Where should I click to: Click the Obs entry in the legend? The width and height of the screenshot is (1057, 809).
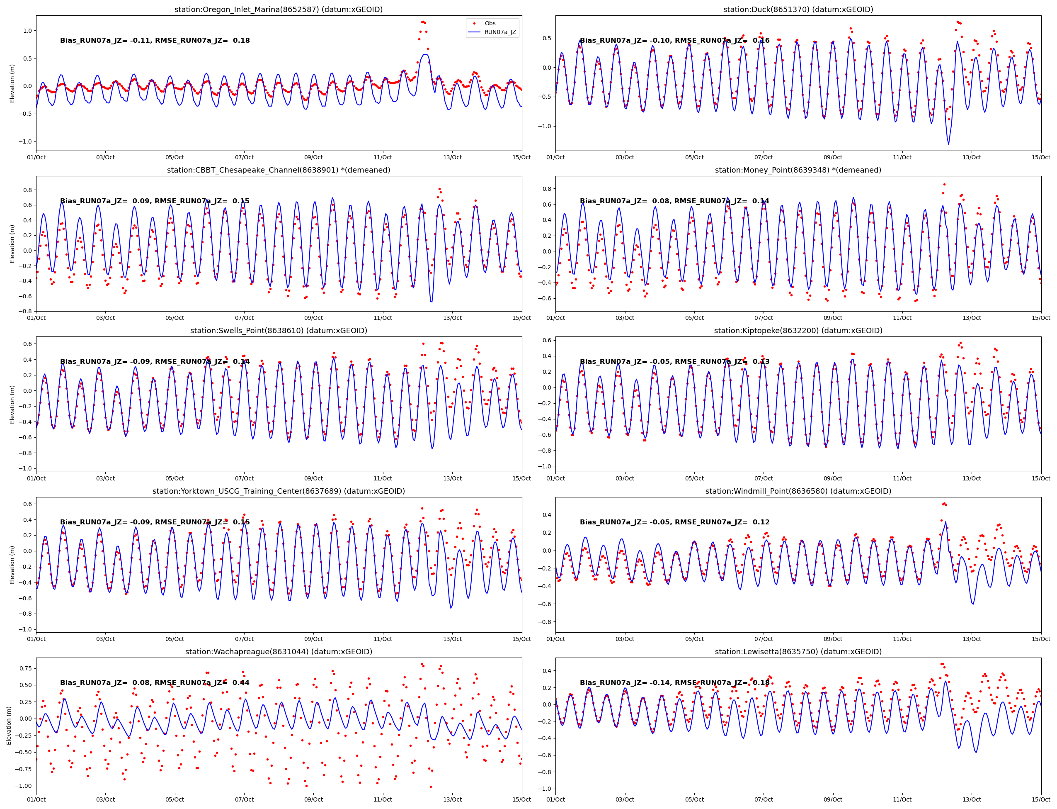[x=490, y=23]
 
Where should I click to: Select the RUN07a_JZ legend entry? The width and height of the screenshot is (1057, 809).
[x=500, y=32]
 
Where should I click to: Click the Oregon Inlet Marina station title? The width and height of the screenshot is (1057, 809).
[x=279, y=9]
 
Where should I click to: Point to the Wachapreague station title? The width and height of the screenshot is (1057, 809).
[x=279, y=651]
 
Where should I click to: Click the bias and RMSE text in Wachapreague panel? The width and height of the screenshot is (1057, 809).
[x=155, y=682]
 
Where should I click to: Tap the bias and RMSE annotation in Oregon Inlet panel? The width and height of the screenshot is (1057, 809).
[x=155, y=41]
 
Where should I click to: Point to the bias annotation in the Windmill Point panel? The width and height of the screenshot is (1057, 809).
[x=674, y=522]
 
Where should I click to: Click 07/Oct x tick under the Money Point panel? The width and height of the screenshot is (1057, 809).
[x=764, y=318]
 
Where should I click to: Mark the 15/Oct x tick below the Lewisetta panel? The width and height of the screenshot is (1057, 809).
[x=1041, y=799]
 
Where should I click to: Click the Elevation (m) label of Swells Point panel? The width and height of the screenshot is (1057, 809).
[x=12, y=404]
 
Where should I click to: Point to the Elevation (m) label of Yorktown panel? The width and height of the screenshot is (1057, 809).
[x=12, y=565]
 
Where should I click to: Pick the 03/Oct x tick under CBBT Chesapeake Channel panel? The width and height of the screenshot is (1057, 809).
[x=105, y=318]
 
